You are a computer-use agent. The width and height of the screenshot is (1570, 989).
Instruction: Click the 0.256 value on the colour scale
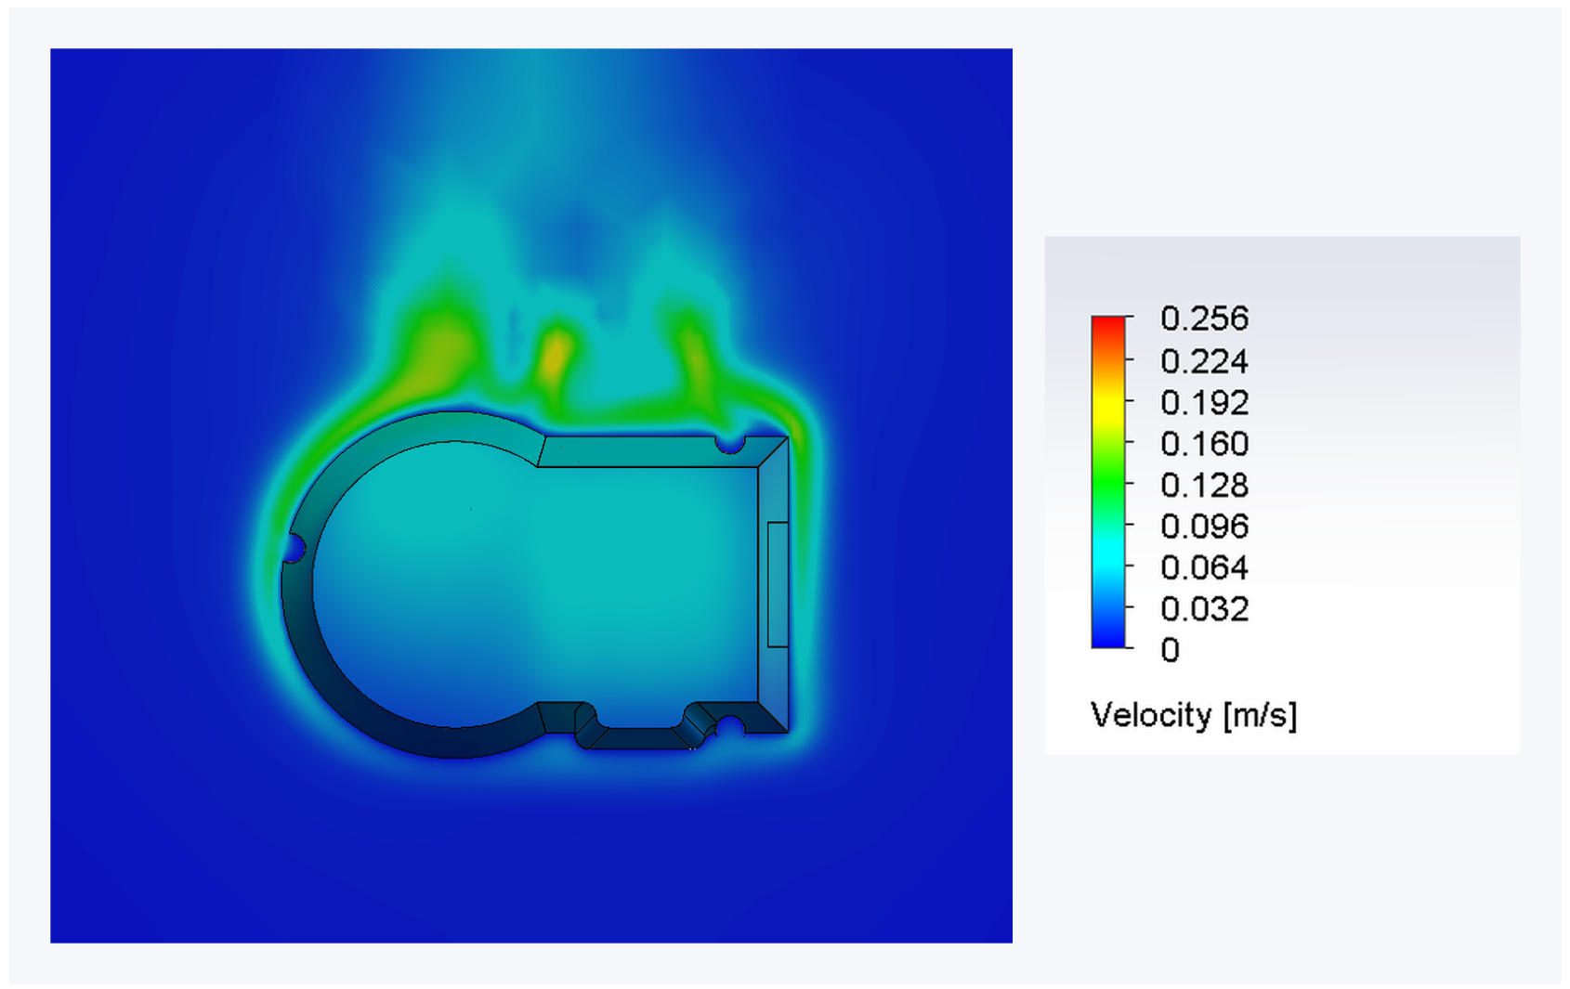pyautogui.click(x=1204, y=319)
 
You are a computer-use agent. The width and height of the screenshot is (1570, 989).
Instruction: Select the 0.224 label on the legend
pyautogui.click(x=1204, y=361)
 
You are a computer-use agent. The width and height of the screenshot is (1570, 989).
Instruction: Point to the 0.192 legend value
pyautogui.click(x=1204, y=403)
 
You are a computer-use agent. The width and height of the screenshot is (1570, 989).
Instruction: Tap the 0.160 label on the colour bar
pyautogui.click(x=1204, y=444)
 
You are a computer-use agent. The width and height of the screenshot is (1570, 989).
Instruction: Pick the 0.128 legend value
pyautogui.click(x=1204, y=486)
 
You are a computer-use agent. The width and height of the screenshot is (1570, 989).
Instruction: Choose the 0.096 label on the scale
pyautogui.click(x=1204, y=526)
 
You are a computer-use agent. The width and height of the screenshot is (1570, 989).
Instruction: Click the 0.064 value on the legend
pyautogui.click(x=1204, y=567)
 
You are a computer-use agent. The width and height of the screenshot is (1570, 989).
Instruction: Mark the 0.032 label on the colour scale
pyautogui.click(x=1204, y=608)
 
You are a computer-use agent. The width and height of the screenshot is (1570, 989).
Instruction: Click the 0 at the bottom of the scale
pyautogui.click(x=1170, y=650)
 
